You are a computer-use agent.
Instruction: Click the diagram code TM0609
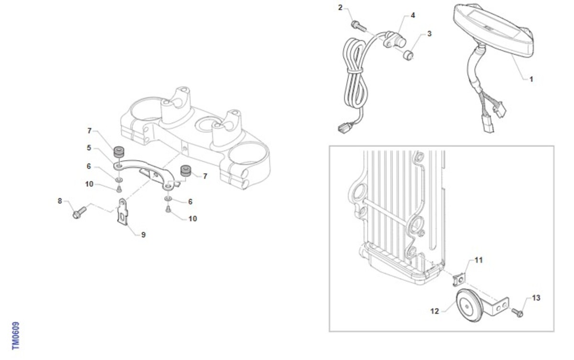click(x=16, y=336)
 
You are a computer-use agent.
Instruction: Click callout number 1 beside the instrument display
click(x=531, y=79)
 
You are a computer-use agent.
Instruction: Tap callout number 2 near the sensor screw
click(x=340, y=8)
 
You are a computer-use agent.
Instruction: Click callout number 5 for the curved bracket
click(x=89, y=148)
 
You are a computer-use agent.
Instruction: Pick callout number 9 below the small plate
click(x=143, y=235)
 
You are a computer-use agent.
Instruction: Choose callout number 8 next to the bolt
click(x=60, y=201)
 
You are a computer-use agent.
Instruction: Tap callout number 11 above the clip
click(x=479, y=260)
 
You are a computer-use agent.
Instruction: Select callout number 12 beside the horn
click(x=435, y=311)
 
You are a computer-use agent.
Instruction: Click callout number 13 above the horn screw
click(x=536, y=298)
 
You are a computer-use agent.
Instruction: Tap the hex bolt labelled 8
click(x=79, y=213)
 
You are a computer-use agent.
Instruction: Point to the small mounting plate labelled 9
click(x=123, y=212)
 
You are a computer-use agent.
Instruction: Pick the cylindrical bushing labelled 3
click(x=408, y=55)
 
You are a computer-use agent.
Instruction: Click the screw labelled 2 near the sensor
click(x=358, y=26)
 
